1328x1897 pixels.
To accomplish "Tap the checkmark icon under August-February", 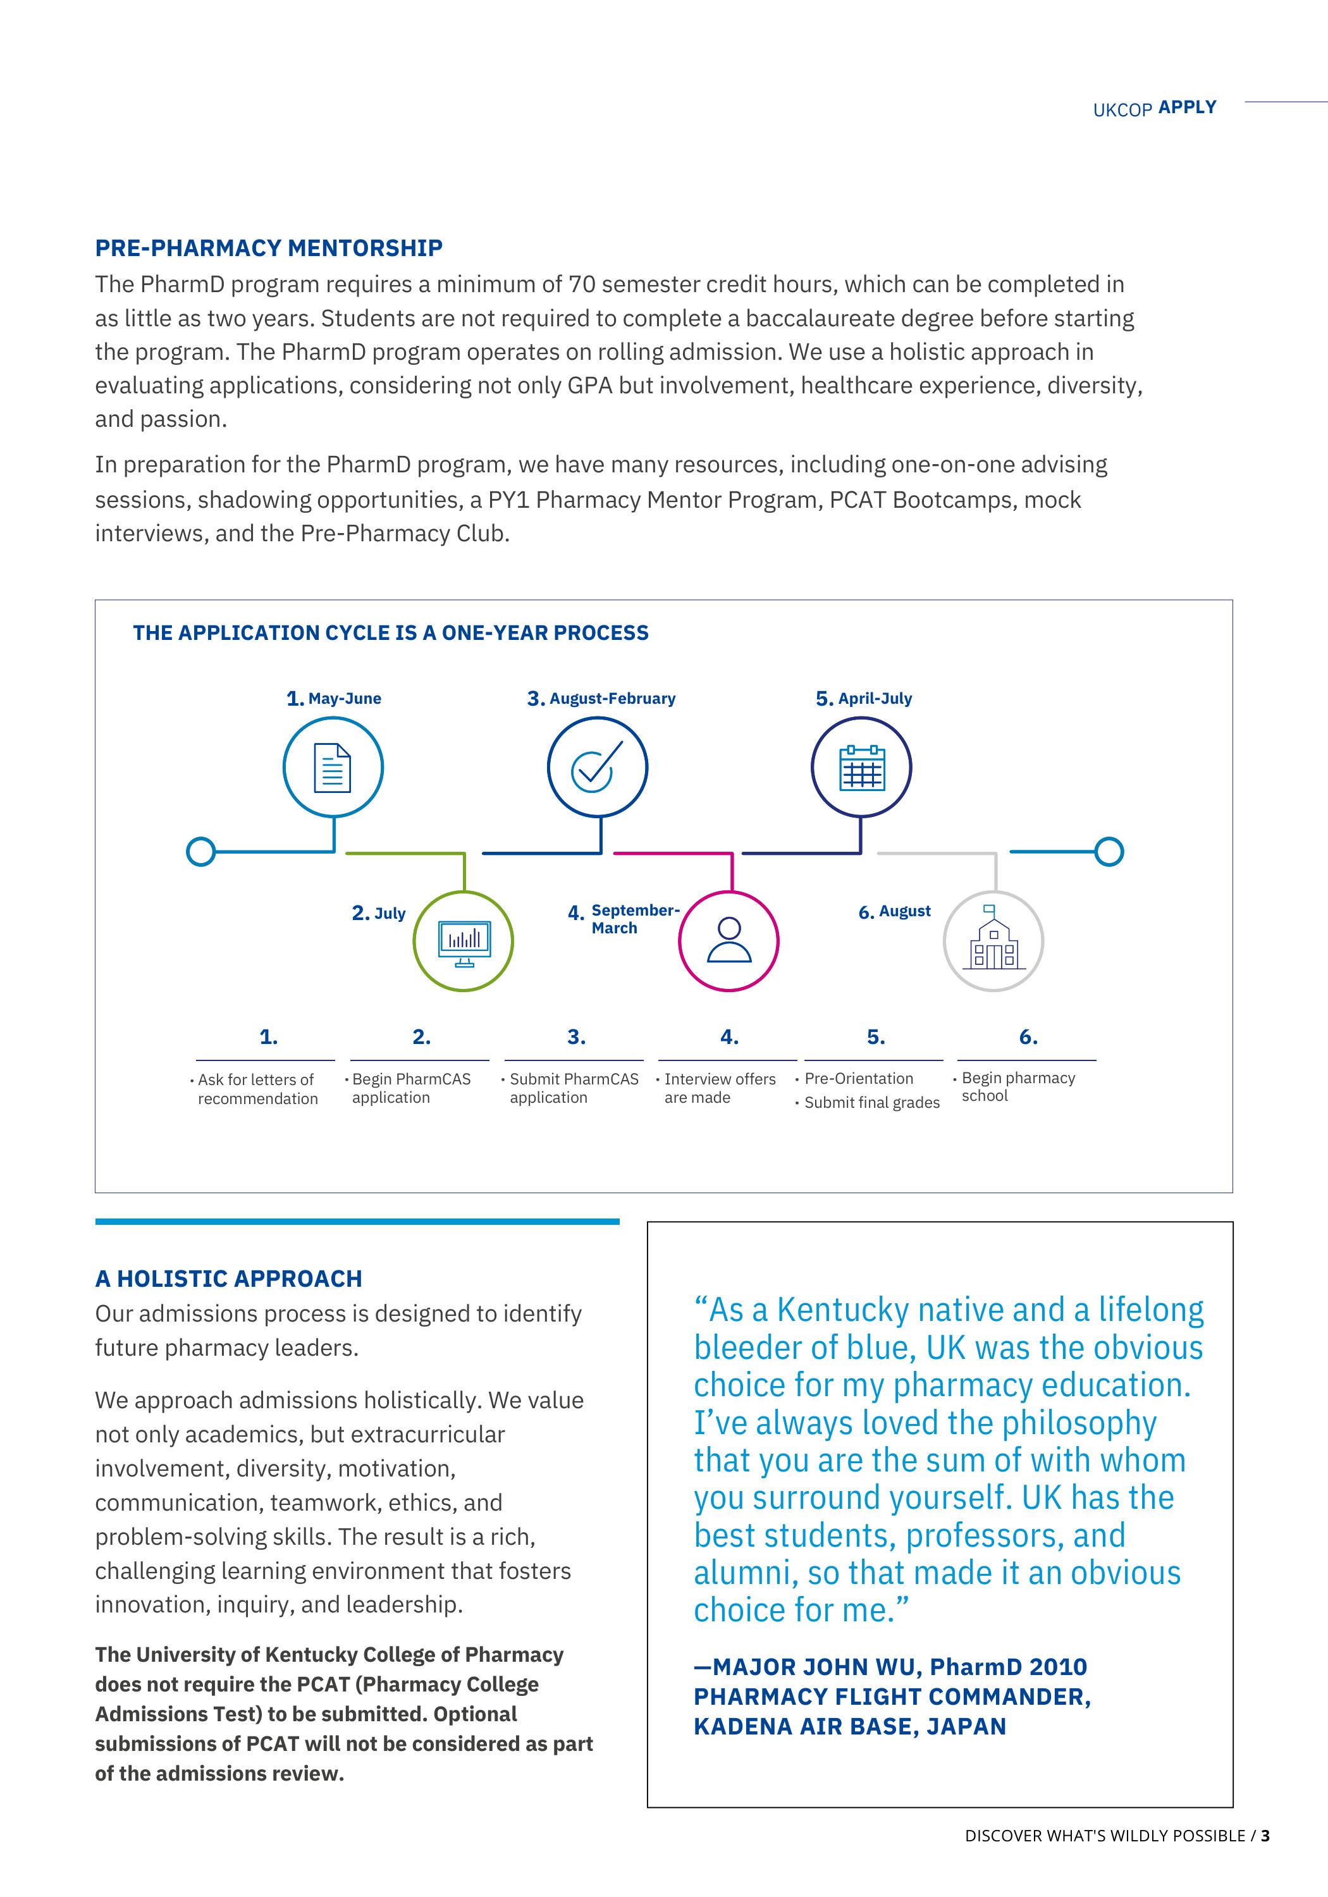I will pyautogui.click(x=596, y=768).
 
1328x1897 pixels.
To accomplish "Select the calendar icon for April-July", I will pyautogui.click(x=861, y=768).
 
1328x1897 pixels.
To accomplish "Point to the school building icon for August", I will pyautogui.click(x=993, y=941).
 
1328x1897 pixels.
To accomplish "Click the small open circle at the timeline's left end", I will pyautogui.click(x=201, y=851).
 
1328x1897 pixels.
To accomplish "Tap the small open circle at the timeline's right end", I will pyautogui.click(x=1109, y=851).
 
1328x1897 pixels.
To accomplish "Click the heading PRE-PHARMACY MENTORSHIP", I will pyautogui.click(x=269, y=248).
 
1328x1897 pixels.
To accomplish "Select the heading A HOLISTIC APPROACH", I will pyautogui.click(x=228, y=1279).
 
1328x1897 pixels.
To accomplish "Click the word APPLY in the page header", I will pyautogui.click(x=1187, y=107).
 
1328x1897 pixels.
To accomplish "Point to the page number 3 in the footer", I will pyautogui.click(x=1265, y=1836).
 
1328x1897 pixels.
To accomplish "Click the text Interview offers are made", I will pyautogui.click(x=719, y=1088).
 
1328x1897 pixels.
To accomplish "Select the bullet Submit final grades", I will pyautogui.click(x=872, y=1102).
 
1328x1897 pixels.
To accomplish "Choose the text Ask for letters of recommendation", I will pyautogui.click(x=257, y=1089).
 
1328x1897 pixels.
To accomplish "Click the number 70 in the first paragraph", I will pyautogui.click(x=581, y=284).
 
